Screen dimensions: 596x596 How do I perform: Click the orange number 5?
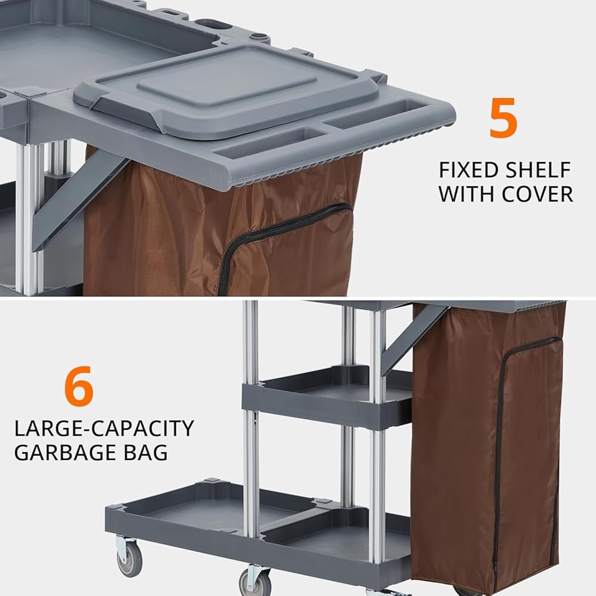click(502, 117)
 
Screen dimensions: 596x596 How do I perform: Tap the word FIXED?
click(467, 170)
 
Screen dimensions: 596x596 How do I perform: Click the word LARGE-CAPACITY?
click(104, 429)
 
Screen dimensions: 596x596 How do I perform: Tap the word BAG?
click(145, 452)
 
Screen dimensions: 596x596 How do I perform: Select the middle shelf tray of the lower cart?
click(327, 397)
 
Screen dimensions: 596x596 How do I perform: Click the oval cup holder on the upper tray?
click(212, 24)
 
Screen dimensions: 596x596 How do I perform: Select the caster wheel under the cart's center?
click(253, 582)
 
